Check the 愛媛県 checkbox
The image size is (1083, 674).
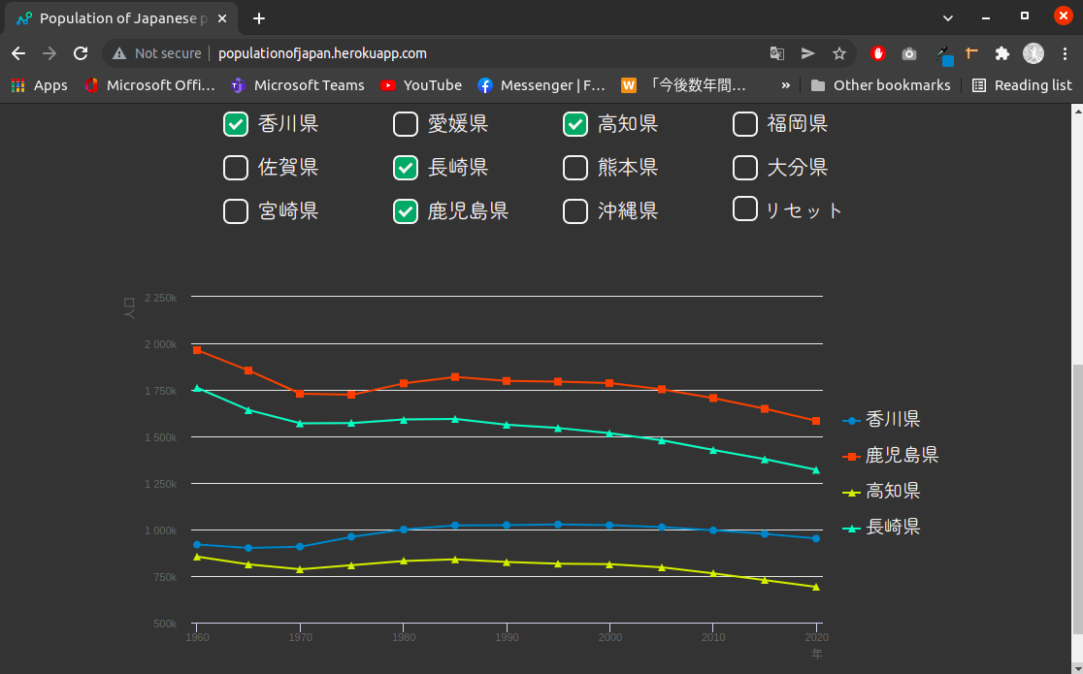click(406, 124)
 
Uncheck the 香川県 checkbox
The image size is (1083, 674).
click(236, 124)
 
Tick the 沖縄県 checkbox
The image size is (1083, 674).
click(575, 210)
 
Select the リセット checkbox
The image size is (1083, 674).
click(745, 209)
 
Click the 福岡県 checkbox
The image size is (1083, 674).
click(745, 124)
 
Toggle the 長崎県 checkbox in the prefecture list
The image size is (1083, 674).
click(406, 168)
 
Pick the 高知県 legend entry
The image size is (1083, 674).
click(892, 491)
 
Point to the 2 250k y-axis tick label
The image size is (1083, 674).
click(160, 298)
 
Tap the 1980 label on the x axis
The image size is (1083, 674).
click(404, 637)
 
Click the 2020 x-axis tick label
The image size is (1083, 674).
click(816, 637)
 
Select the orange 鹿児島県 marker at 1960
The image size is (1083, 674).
click(197, 350)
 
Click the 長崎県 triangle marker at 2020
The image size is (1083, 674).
click(816, 469)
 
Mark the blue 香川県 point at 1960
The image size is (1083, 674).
click(197, 544)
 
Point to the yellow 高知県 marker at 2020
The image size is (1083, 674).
click(816, 587)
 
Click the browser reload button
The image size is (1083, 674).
click(81, 53)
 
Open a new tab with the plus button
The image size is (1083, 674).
click(259, 17)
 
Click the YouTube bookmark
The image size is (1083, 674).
click(421, 85)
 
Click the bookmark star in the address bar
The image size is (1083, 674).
click(839, 53)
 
